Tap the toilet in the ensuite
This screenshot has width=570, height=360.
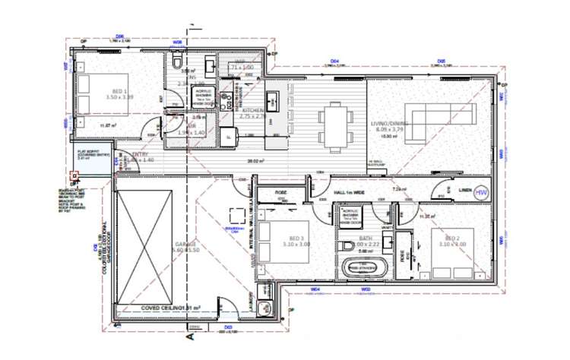pyautogui.click(x=176, y=60)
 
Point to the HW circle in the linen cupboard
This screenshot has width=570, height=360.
pyautogui.click(x=480, y=194)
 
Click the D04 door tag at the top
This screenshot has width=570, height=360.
pyautogui.click(x=334, y=61)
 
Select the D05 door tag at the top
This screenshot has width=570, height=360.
pyautogui.click(x=440, y=61)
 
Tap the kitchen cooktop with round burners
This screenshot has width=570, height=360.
pyautogui.click(x=271, y=99)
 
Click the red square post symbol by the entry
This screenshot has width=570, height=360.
pyautogui.click(x=74, y=180)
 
